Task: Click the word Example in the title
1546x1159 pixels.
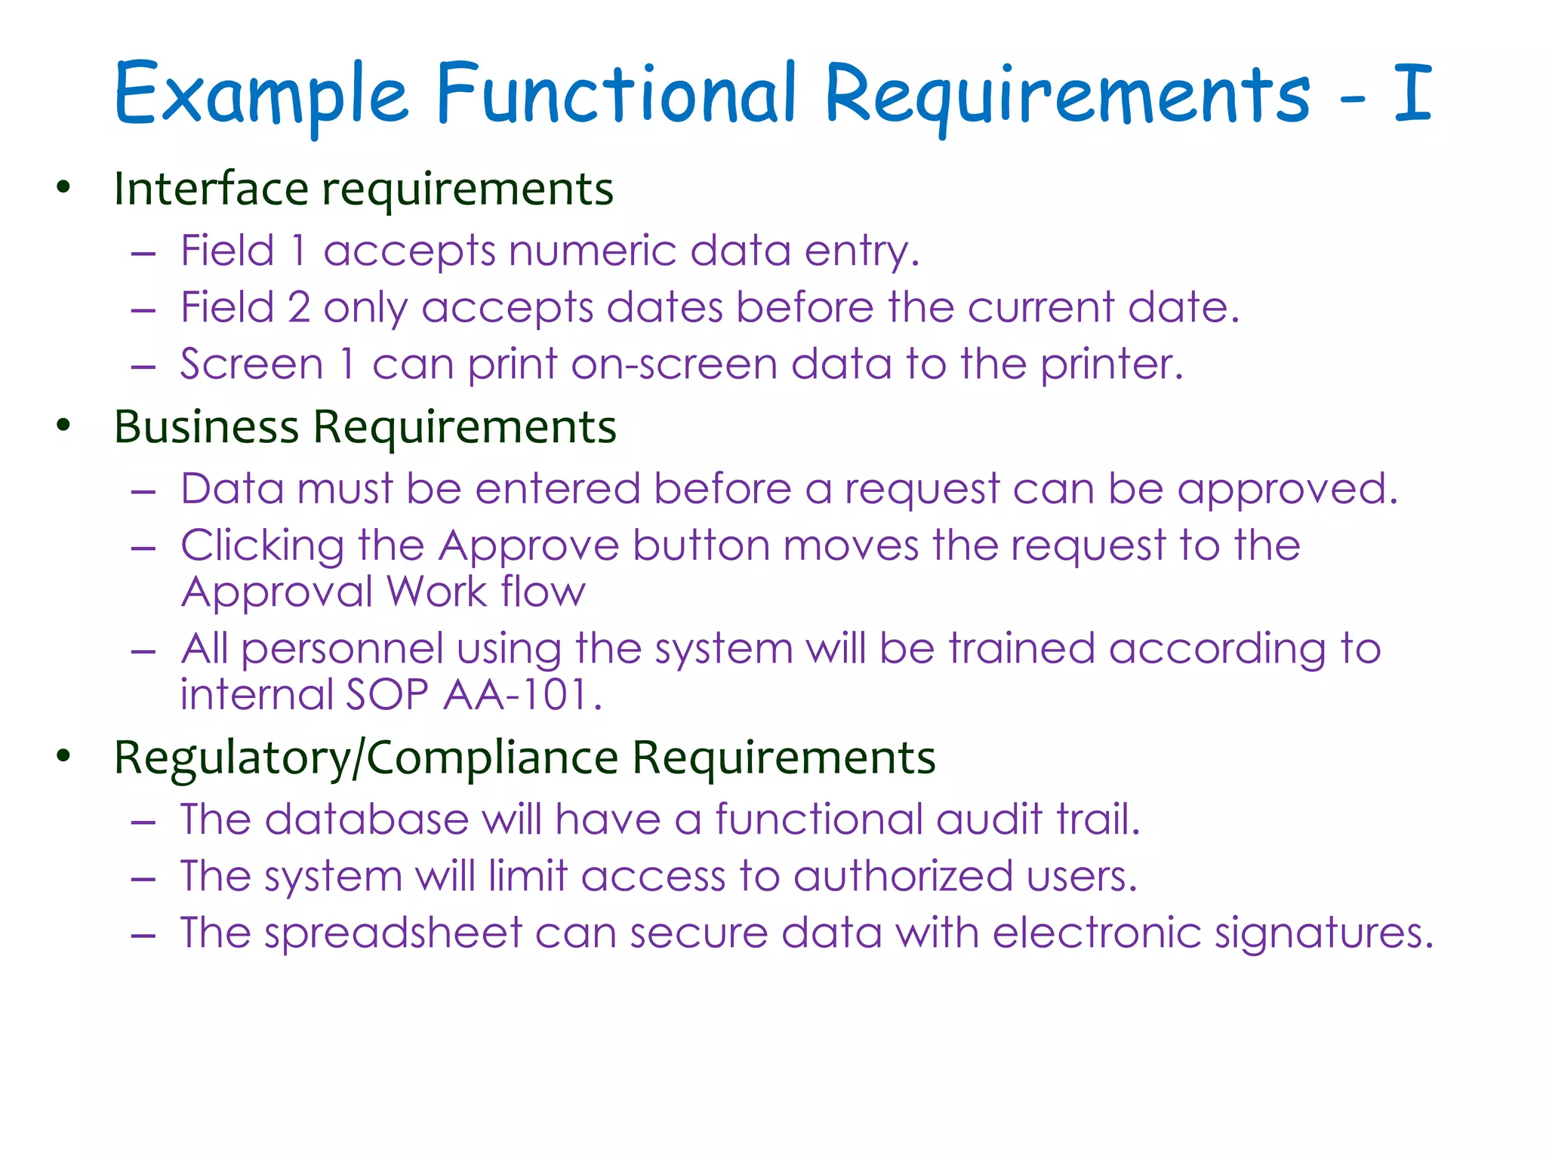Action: click(x=260, y=94)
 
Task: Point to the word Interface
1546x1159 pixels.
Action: click(x=211, y=188)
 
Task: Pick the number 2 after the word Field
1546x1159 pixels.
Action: click(x=299, y=308)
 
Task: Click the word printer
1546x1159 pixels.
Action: click(x=1110, y=365)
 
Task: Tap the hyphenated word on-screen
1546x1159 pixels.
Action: click(x=674, y=365)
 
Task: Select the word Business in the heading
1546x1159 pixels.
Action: click(x=206, y=426)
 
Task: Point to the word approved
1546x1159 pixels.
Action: click(x=1287, y=490)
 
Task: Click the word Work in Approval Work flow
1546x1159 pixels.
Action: click(x=437, y=592)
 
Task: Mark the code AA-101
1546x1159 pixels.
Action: click(x=521, y=694)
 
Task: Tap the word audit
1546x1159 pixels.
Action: click(x=990, y=819)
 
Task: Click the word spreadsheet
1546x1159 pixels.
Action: click(x=393, y=933)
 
